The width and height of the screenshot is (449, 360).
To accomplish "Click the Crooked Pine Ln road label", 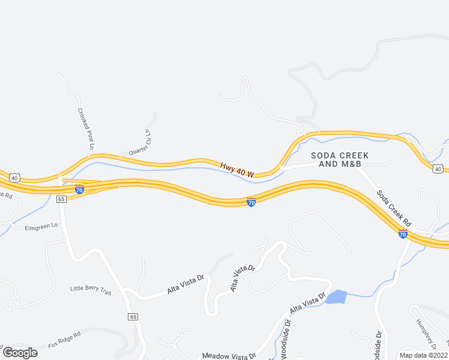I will pos(86,129).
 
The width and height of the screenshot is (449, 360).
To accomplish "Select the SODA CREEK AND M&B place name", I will pos(340,160).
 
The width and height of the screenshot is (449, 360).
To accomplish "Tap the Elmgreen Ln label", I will pos(41,227).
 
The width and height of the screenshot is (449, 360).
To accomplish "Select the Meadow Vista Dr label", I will pos(229,356).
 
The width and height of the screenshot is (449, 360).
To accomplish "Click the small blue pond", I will pos(337,297).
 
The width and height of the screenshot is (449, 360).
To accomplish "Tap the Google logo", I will pos(20,353).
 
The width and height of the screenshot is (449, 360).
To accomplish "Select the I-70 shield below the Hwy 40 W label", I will pos(252,202).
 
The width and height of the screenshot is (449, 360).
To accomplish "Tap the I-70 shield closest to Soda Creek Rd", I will pos(403,233).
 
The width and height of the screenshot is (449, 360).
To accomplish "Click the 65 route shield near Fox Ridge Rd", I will pos(133,316).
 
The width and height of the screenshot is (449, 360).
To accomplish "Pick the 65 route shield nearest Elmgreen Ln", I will pos(61,199).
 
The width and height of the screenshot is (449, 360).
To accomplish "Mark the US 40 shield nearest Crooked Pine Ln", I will pos(15,177).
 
